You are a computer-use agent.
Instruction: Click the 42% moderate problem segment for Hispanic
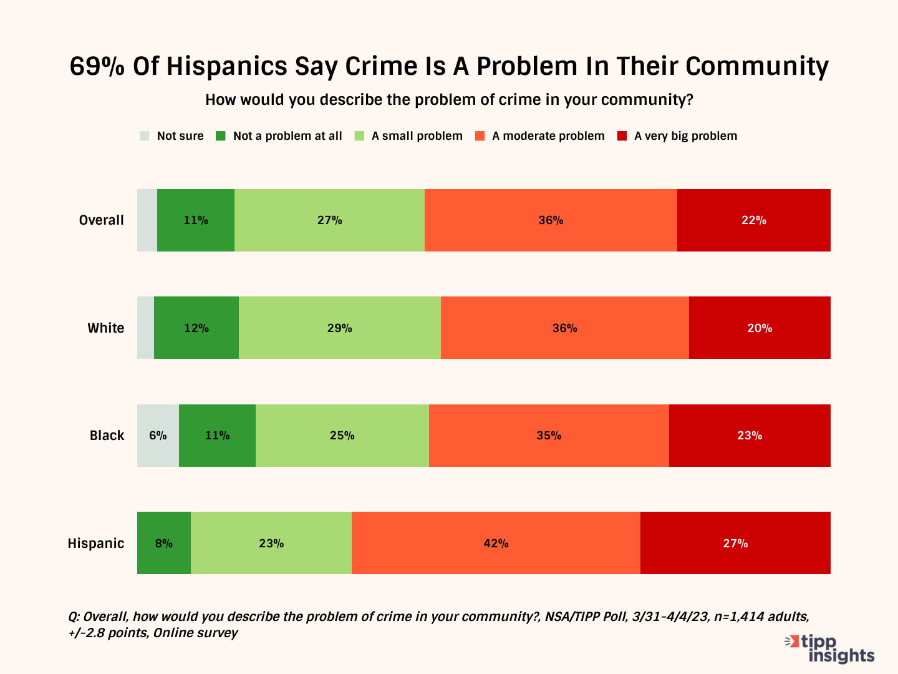pyautogui.click(x=496, y=543)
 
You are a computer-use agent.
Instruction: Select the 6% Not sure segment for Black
pyautogui.click(x=158, y=436)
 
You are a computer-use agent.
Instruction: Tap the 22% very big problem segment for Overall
pyautogui.click(x=753, y=220)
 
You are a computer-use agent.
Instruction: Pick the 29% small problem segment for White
pyautogui.click(x=339, y=328)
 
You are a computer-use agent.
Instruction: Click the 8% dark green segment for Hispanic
pyautogui.click(x=163, y=543)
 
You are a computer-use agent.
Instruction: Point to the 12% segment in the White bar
pyautogui.click(x=196, y=328)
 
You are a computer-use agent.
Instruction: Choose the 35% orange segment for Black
pyautogui.click(x=549, y=436)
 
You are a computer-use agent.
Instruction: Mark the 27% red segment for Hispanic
pyautogui.click(x=735, y=543)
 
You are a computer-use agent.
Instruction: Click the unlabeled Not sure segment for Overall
pyautogui.click(x=147, y=220)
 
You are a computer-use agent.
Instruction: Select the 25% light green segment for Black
pyautogui.click(x=342, y=436)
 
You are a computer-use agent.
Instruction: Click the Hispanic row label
pyautogui.click(x=96, y=543)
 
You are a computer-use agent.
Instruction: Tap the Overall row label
pyautogui.click(x=102, y=220)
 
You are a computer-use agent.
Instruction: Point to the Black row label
pyautogui.click(x=107, y=436)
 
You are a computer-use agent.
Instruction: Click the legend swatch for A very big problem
pyautogui.click(x=622, y=136)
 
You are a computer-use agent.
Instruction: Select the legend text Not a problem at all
pyautogui.click(x=287, y=136)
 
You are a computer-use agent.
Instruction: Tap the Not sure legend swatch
pyautogui.click(x=145, y=136)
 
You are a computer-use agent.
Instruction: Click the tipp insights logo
pyautogui.click(x=830, y=649)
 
